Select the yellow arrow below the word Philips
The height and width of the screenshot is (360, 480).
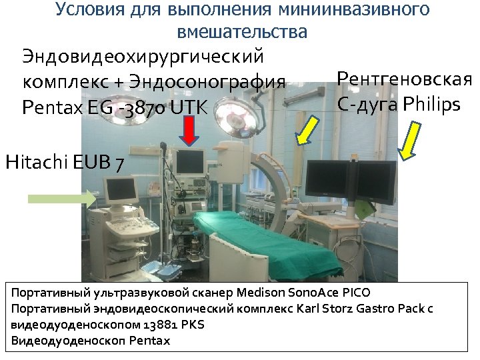tap(409, 140)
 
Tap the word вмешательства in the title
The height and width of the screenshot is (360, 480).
tap(243, 31)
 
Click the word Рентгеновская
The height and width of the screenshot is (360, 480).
tap(405, 79)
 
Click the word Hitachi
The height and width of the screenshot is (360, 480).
tap(37, 162)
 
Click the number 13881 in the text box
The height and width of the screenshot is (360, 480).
tap(161, 325)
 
